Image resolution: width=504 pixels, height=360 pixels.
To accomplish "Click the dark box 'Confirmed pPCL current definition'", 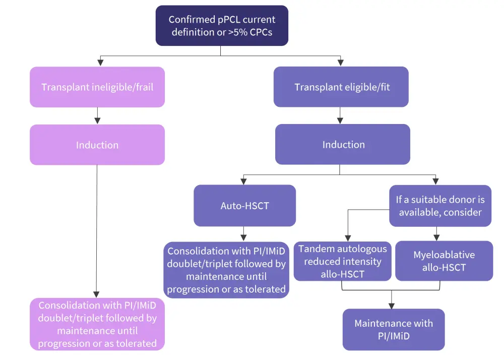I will (222, 25).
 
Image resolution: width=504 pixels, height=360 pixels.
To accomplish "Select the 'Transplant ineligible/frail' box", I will (97, 87).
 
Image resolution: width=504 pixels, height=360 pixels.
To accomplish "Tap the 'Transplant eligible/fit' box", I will (342, 87).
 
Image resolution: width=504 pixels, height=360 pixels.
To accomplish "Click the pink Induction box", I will (97, 145).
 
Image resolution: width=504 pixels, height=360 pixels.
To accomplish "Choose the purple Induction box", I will (343, 144).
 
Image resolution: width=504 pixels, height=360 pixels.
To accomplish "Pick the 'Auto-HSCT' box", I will (244, 205).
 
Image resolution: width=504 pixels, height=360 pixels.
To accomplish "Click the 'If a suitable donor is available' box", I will (440, 205).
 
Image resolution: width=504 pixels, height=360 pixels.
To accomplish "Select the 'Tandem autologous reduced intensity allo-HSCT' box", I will (343, 261).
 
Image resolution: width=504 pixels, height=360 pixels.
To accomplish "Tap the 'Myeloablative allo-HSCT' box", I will (444, 261).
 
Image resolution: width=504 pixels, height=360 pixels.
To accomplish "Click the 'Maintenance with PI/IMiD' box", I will (393, 329).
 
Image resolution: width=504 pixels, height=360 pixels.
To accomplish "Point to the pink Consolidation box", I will (97, 324).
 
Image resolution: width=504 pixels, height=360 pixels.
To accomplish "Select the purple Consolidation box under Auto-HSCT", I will (226, 270).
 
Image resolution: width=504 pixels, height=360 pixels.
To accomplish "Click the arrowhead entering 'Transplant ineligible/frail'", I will (100, 63).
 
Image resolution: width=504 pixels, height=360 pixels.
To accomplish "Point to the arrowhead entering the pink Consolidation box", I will (97, 294).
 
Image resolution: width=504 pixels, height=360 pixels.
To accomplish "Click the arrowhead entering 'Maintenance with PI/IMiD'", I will (392, 305).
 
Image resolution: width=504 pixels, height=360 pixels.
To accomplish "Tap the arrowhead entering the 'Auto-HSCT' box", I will (244, 181).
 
